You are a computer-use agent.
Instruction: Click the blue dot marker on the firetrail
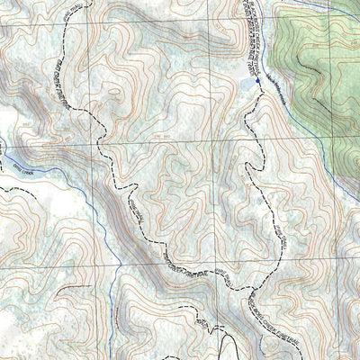pyautogui.click(x=257, y=81)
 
